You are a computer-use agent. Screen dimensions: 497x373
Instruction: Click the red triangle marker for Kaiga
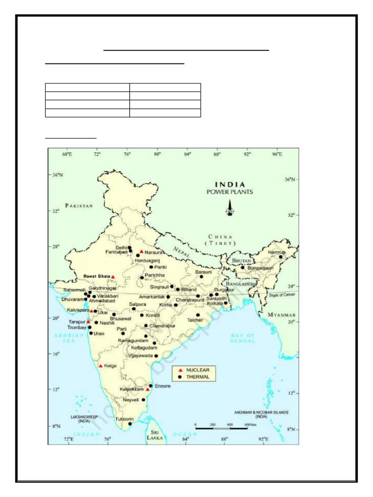point(101,365)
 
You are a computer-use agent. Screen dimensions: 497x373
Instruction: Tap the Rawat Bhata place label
point(96,276)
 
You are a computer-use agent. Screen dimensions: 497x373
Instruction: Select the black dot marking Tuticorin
point(130,424)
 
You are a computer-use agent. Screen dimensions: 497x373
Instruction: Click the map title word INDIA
point(231,185)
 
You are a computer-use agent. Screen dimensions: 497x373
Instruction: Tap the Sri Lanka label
point(155,434)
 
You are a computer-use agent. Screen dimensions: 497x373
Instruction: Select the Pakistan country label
point(79,205)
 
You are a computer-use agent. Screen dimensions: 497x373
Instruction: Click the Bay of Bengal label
point(242,338)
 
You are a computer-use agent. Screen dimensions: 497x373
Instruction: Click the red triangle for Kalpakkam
point(148,389)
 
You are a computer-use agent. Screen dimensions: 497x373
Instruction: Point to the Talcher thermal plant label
point(196,320)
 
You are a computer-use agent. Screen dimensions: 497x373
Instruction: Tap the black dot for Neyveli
point(143,400)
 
